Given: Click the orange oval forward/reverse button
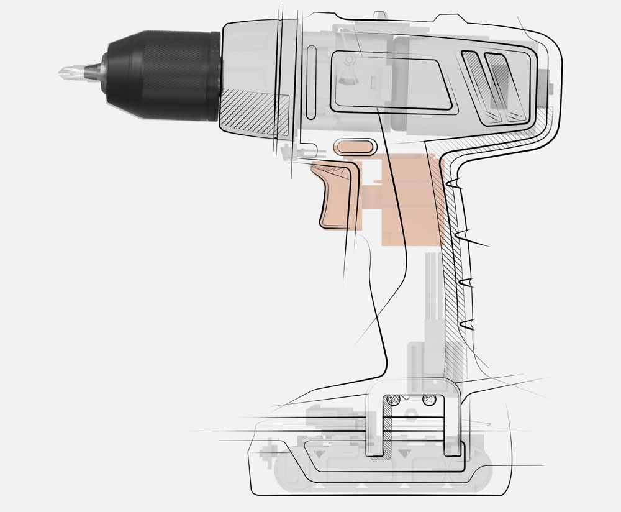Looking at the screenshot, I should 355,147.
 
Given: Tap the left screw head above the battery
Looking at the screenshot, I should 392,400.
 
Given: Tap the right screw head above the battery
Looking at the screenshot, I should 427,400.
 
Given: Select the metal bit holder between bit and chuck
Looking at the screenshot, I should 93,70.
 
